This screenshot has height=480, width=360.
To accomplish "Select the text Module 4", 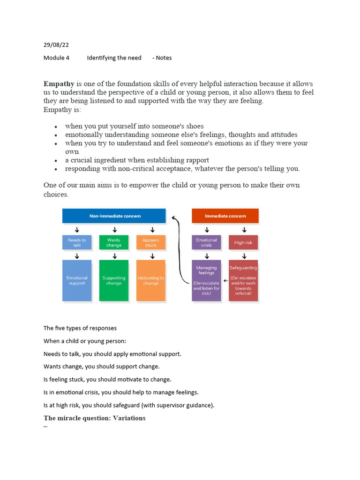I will [56, 58].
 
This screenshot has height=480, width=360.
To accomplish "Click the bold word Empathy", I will [59, 84].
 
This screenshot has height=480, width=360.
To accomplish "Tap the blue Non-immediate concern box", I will [114, 216].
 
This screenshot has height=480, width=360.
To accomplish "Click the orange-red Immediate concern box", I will [225, 216].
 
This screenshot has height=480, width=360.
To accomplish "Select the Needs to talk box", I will [76, 242].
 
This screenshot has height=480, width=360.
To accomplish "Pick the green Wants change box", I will [114, 242].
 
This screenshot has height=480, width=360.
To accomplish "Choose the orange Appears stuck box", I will [151, 242].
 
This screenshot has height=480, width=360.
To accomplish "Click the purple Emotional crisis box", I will [206, 242].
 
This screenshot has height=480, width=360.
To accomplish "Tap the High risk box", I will [243, 242].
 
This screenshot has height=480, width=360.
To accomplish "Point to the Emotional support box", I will [76, 280].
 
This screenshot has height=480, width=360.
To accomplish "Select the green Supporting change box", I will [114, 280].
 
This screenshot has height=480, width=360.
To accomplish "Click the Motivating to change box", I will [151, 280].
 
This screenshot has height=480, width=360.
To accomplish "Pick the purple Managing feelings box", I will [206, 280].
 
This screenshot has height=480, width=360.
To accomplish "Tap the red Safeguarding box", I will [243, 280].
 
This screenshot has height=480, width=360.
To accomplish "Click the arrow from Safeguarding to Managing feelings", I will [225, 281].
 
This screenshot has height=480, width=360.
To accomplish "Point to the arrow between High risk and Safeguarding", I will [243, 256].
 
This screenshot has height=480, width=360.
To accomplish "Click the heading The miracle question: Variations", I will [94, 418].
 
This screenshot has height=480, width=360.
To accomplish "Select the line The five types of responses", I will [80, 328].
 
